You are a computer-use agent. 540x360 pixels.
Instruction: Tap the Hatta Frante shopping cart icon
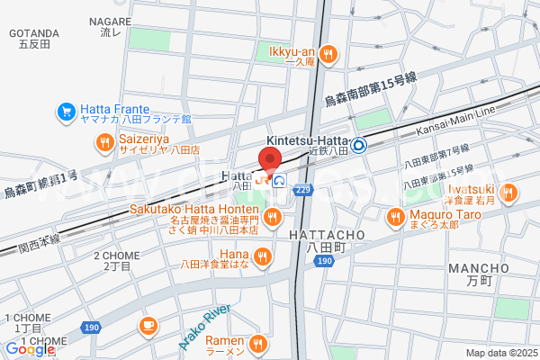[x=66, y=112]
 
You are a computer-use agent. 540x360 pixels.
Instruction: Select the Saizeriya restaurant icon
[x=105, y=141]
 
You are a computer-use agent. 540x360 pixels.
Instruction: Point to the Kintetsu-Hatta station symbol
[x=358, y=143]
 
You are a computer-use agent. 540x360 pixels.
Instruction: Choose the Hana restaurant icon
[x=263, y=258]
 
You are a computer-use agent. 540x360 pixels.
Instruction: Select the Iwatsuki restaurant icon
[x=508, y=192]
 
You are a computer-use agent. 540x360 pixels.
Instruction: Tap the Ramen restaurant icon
[x=258, y=342]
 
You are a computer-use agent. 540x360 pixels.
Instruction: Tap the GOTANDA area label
[x=33, y=33]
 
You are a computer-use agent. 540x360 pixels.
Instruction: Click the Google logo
[x=30, y=349]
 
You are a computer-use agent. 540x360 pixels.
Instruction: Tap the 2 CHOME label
[x=116, y=256]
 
